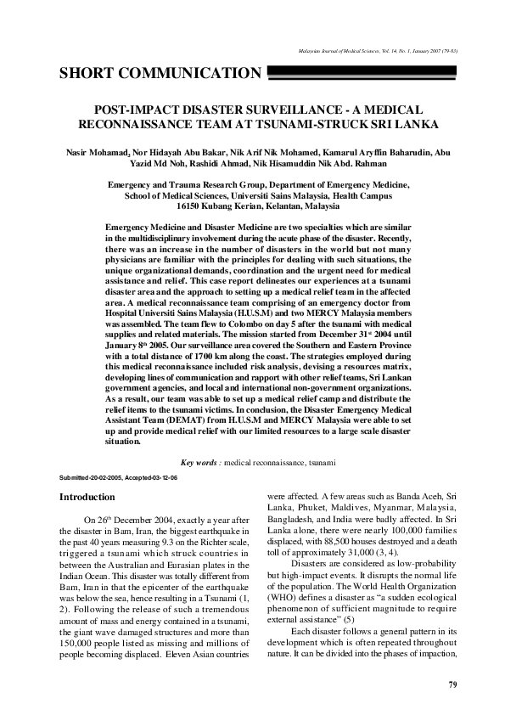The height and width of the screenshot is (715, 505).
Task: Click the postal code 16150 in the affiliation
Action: tap(191, 205)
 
